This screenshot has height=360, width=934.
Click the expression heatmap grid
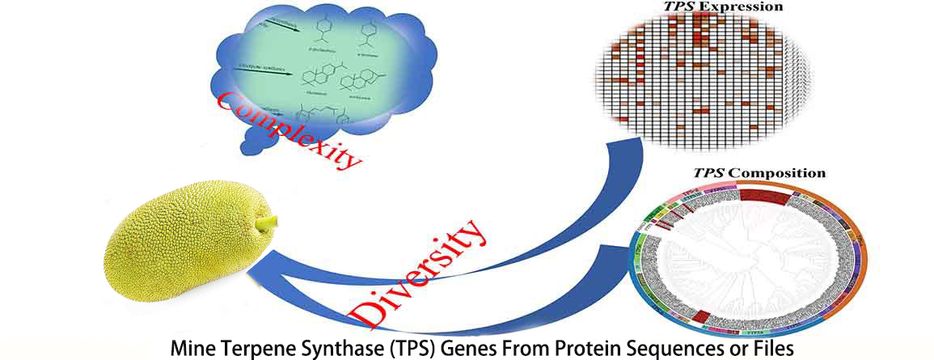tap(699, 81)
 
